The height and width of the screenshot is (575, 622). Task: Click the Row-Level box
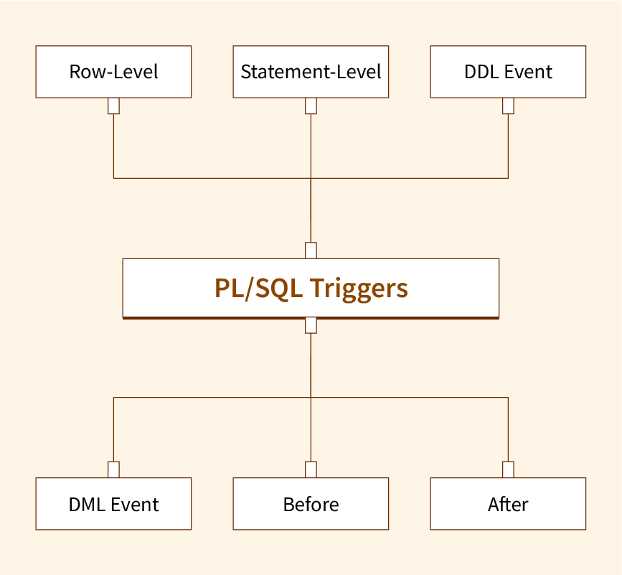coord(113,72)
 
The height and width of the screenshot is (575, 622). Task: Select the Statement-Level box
coord(311,72)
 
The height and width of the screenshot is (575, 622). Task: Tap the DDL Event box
coord(508,72)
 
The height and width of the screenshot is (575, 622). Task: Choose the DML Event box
coord(113,504)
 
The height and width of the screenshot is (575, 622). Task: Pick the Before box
coord(311,504)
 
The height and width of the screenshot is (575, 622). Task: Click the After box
coord(508,504)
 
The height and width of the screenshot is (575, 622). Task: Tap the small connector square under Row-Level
coord(113,106)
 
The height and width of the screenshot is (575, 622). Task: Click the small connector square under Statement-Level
coord(311,106)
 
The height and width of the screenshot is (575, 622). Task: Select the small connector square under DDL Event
coord(508,106)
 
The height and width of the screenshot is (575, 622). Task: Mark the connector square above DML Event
coord(113,469)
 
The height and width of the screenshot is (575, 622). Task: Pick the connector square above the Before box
coord(311,469)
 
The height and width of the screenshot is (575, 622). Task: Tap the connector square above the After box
coord(508,469)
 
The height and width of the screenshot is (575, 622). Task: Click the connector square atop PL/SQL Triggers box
coord(311,251)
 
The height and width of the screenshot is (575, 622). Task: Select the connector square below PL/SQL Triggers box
coord(311,325)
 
